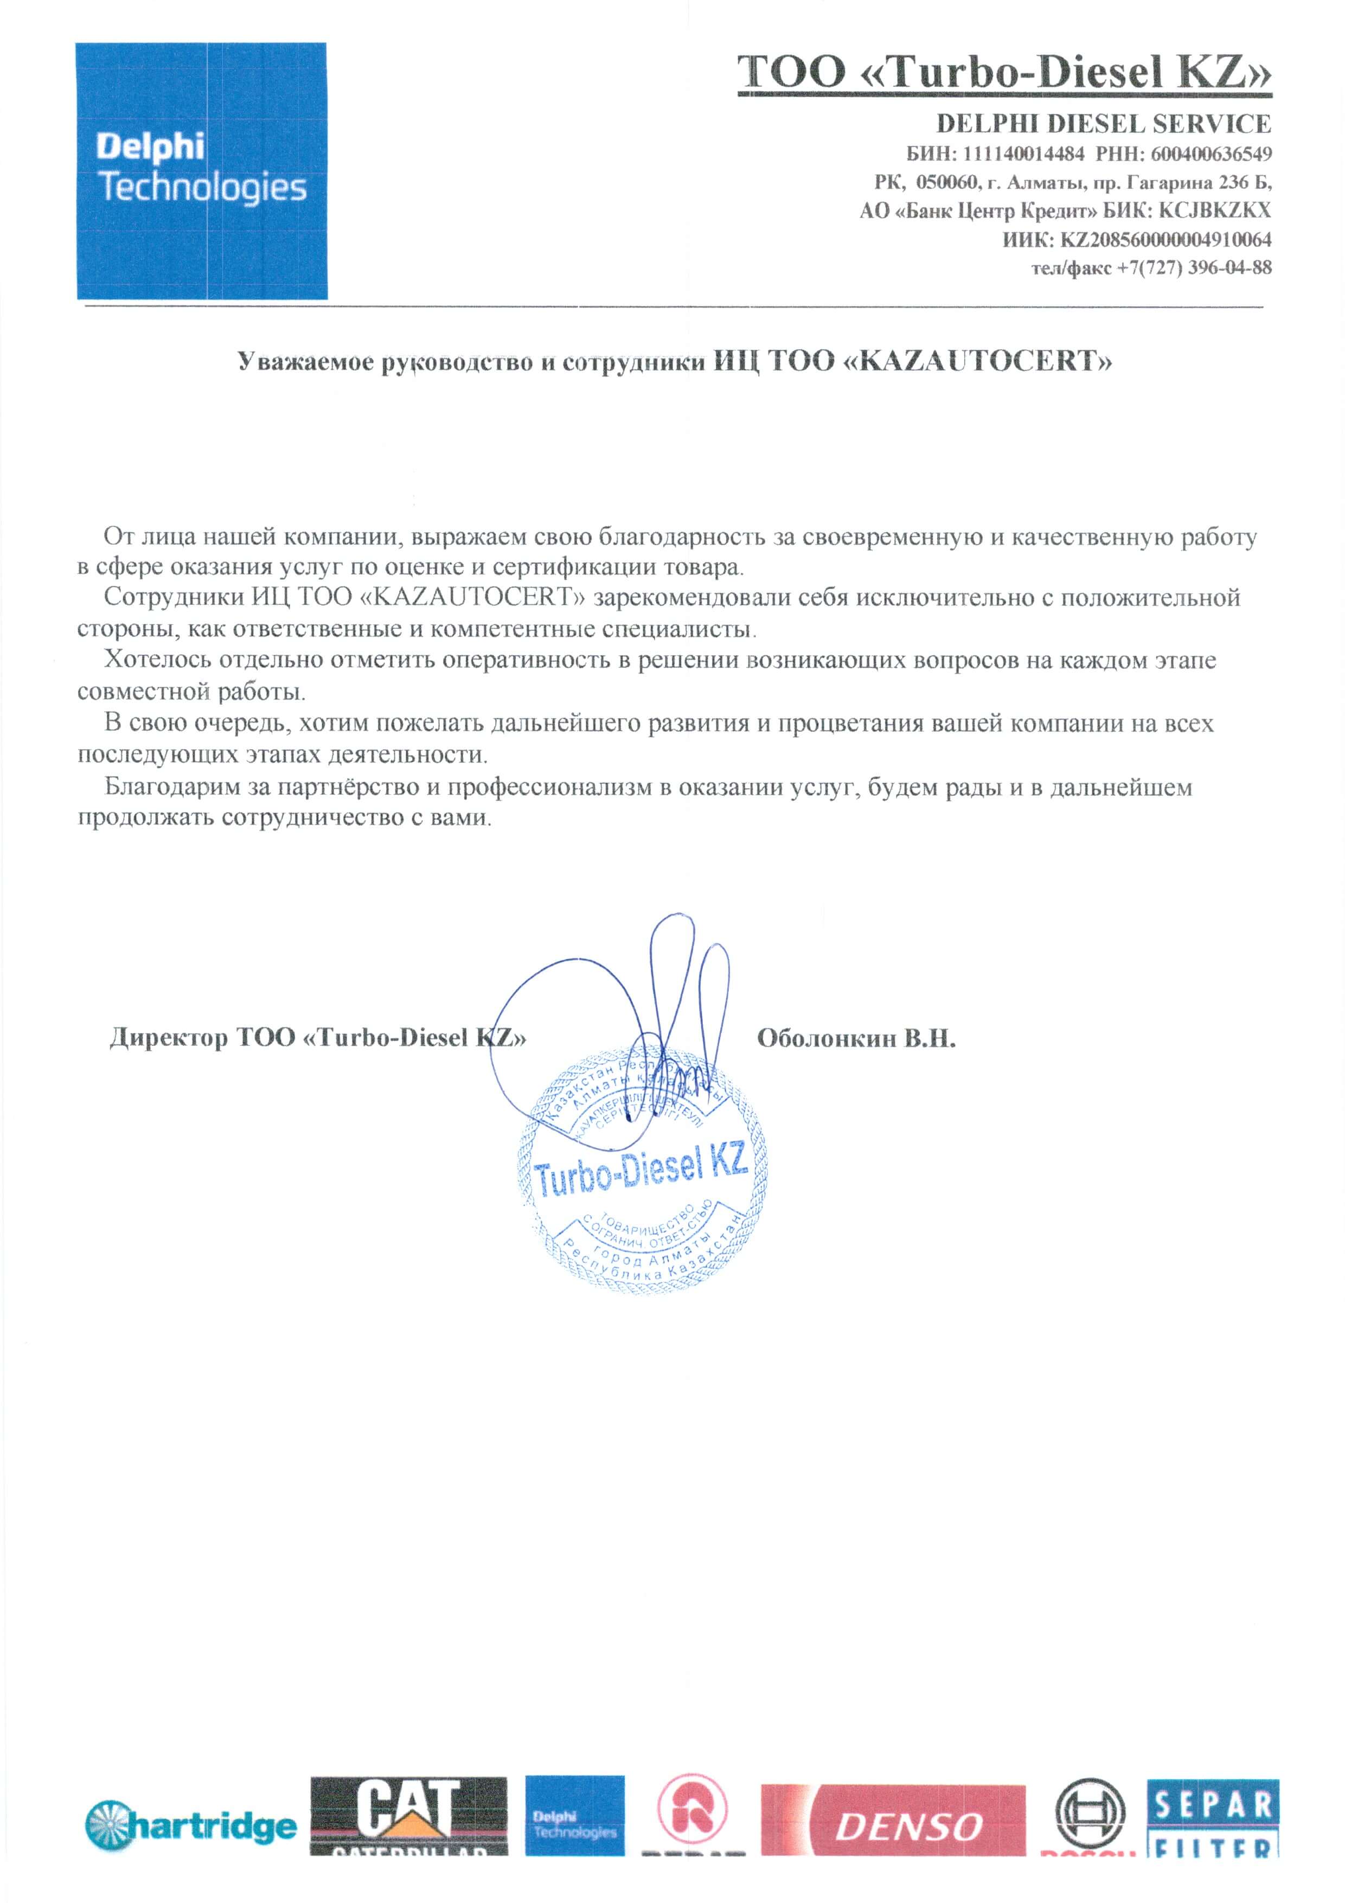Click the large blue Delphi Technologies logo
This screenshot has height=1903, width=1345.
click(201, 171)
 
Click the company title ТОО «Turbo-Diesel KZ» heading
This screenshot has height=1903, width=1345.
click(1004, 73)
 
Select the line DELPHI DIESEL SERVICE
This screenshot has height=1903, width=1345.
click(1103, 124)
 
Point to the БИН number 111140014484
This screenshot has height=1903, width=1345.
click(1023, 154)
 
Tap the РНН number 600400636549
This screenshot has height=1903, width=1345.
click(1210, 154)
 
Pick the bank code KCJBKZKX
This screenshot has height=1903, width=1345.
click(1214, 210)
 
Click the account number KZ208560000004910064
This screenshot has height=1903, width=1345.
click(1165, 240)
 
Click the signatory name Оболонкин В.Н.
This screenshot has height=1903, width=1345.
click(856, 1038)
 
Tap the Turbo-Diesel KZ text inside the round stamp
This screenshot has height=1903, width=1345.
click(641, 1170)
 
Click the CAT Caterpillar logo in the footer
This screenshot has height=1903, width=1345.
click(408, 1815)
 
